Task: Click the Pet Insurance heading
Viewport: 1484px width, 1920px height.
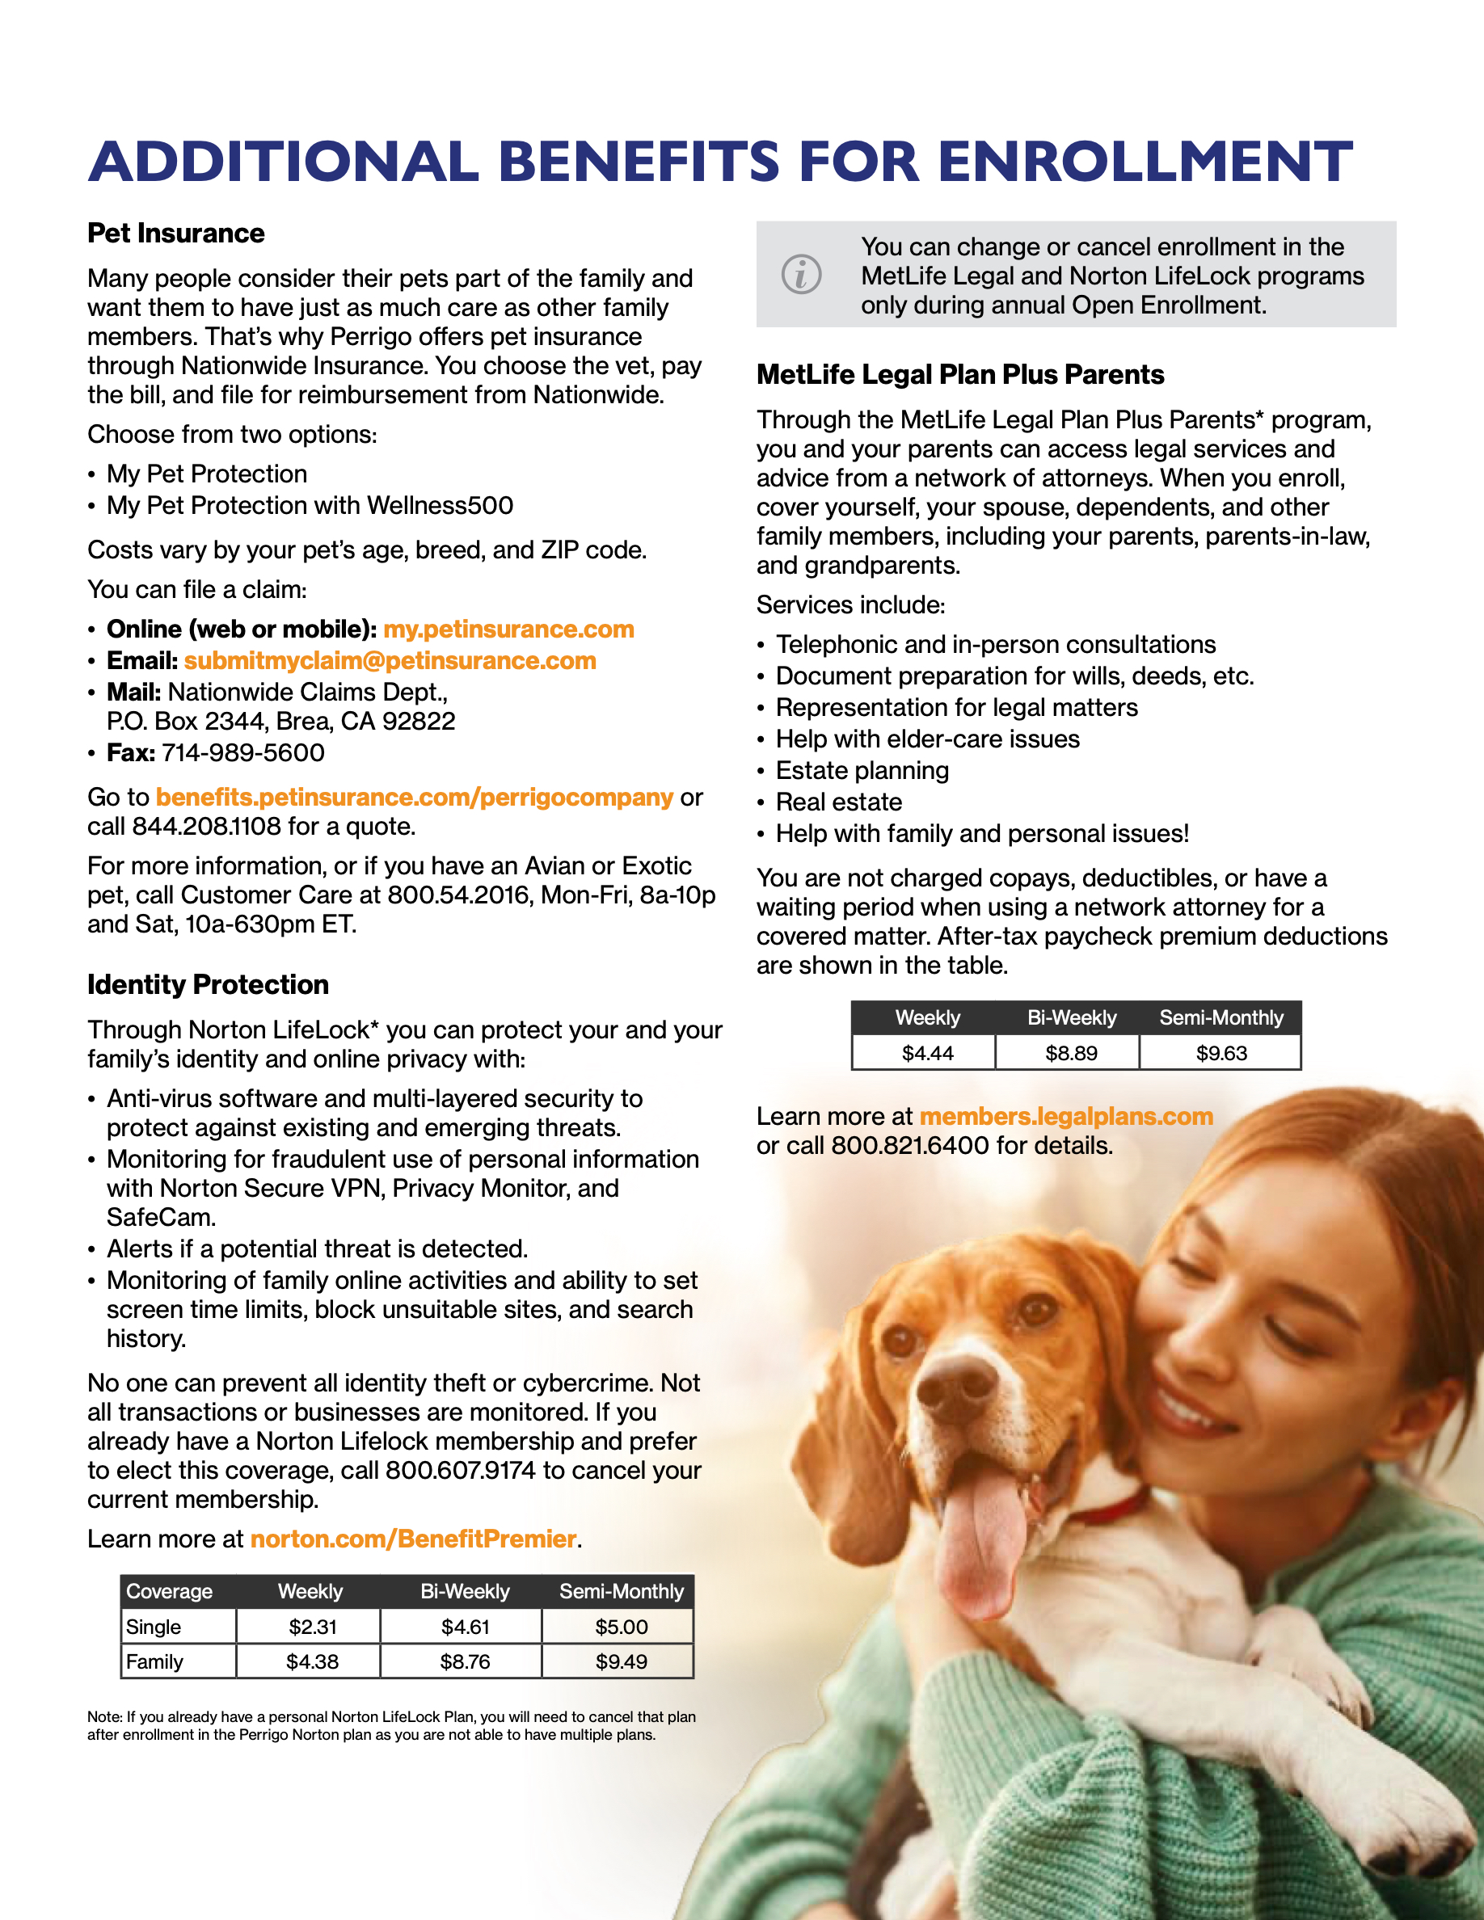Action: (176, 233)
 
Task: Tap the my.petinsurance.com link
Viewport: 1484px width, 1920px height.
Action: (508, 629)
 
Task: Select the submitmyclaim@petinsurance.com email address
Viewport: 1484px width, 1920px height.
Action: (390, 661)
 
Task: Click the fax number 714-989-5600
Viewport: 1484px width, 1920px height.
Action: (242, 753)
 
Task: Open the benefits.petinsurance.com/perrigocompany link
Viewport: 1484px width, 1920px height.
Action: (414, 798)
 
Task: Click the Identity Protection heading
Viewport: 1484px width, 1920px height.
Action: (208, 984)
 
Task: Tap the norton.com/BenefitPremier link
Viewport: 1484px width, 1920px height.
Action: (413, 1539)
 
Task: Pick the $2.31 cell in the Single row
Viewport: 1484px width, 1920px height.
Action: (312, 1627)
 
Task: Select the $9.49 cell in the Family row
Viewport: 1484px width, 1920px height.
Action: (621, 1662)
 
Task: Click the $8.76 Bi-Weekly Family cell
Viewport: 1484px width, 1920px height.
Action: (464, 1662)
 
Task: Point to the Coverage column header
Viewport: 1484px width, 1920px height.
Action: (170, 1591)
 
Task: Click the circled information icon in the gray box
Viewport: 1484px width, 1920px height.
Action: (801, 274)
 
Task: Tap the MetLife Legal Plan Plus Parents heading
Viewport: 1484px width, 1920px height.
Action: (960, 374)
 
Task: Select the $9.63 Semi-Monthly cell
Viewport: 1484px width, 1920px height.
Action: (1221, 1053)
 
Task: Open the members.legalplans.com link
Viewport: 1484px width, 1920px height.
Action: (1065, 1117)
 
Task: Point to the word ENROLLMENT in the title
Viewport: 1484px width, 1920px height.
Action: (1145, 162)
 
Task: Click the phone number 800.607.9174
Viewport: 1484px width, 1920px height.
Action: (460, 1471)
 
